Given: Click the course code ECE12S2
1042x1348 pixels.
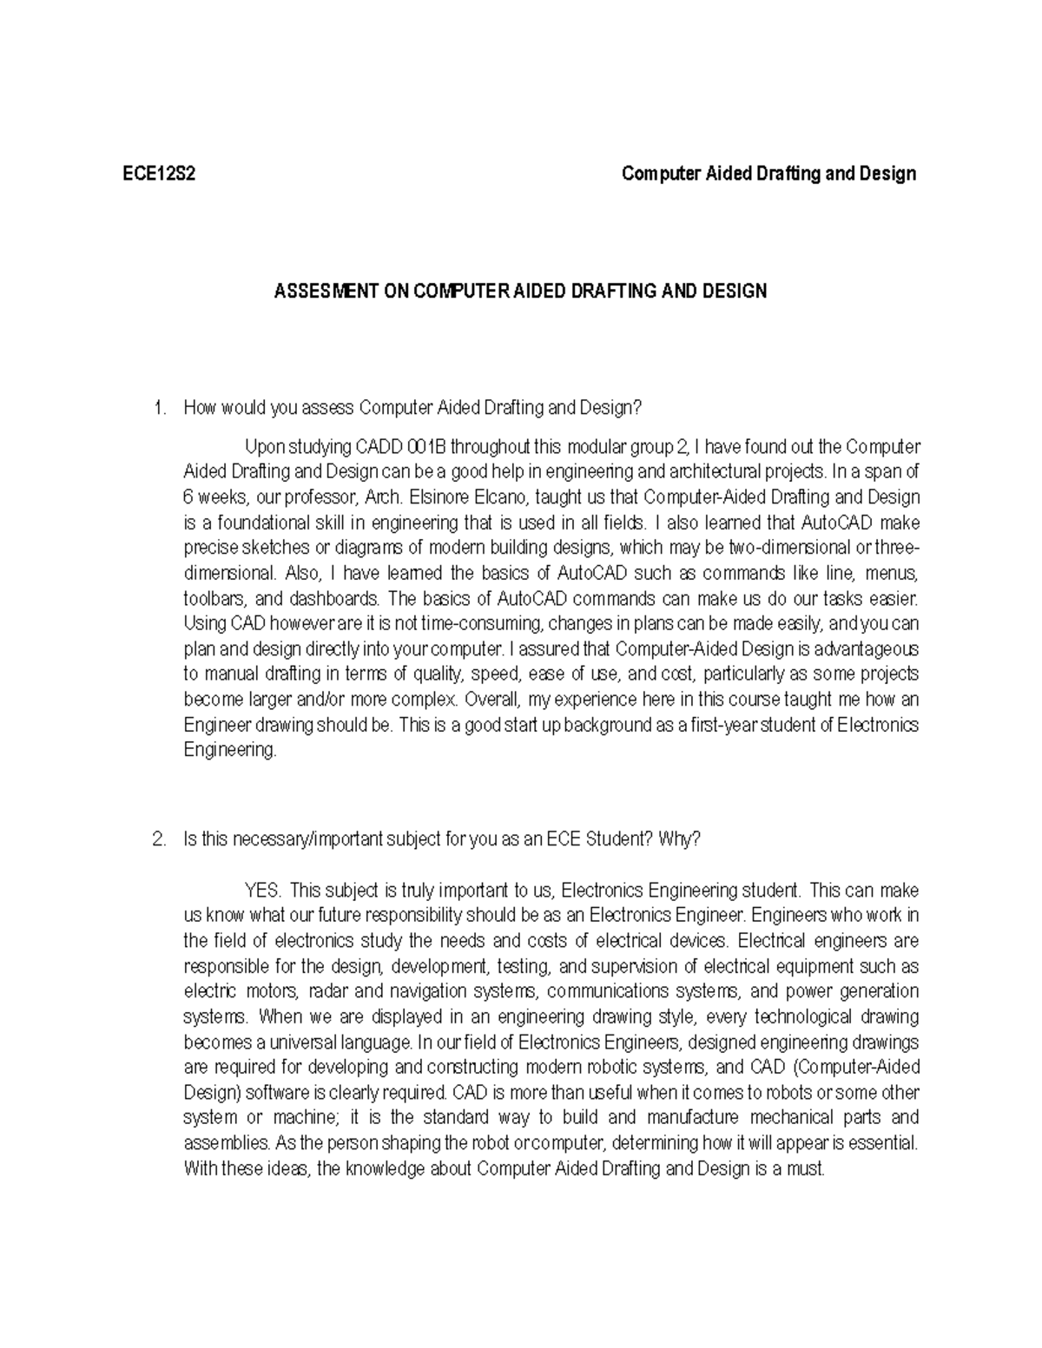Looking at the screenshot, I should (x=159, y=174).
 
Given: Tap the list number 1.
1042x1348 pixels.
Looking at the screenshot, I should (x=157, y=408).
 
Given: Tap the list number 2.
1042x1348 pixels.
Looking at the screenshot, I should (x=157, y=839).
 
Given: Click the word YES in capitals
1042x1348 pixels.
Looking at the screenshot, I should (x=263, y=891).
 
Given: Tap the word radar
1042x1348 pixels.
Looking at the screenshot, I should (x=329, y=991).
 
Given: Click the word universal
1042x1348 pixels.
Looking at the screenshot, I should (x=303, y=1042).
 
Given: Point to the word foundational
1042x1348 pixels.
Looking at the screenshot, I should (x=250, y=523).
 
